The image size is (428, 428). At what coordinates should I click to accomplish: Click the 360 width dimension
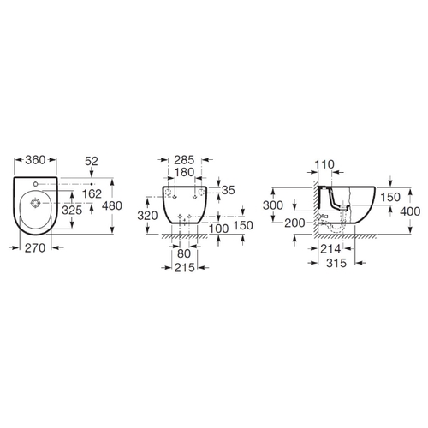[35, 160]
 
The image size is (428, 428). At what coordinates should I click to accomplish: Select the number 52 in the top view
[92, 162]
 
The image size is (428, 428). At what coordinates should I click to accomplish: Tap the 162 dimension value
[92, 194]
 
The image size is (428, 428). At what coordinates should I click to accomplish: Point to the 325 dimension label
[72, 211]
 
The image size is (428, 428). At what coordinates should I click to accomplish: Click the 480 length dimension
[112, 205]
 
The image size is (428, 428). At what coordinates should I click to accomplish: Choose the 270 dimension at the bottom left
[35, 248]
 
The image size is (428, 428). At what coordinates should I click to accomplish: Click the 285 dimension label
[184, 160]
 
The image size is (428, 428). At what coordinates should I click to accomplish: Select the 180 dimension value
[184, 173]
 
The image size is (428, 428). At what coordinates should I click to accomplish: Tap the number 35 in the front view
[228, 190]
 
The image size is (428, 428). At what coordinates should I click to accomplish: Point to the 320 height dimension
[147, 216]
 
